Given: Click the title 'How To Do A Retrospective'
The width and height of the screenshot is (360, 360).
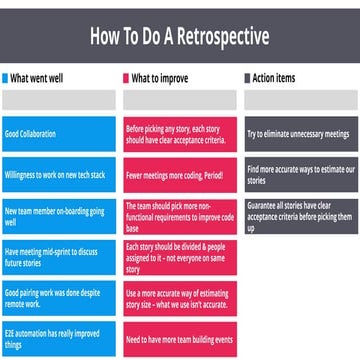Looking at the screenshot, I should [179, 39].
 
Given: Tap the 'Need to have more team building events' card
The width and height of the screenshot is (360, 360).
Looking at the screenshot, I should [179, 339].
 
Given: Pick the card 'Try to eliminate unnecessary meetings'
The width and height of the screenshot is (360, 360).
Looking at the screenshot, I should [299, 133].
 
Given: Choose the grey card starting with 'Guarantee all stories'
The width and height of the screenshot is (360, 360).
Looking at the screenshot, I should [299, 213].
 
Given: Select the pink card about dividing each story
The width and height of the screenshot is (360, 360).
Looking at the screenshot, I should [179, 255].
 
